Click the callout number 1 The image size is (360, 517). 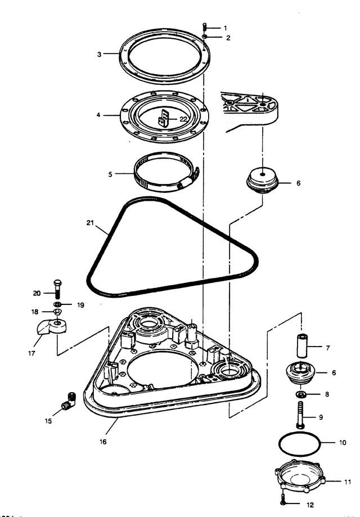tap(226, 28)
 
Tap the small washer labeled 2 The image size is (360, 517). tap(205, 37)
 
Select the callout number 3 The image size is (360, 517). tap(99, 55)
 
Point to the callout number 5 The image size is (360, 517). tap(110, 174)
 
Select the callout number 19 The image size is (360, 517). tap(80, 305)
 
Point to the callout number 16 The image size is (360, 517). tap(103, 442)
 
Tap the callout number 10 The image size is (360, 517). tap(343, 443)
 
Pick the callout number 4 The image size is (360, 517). tap(98, 115)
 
